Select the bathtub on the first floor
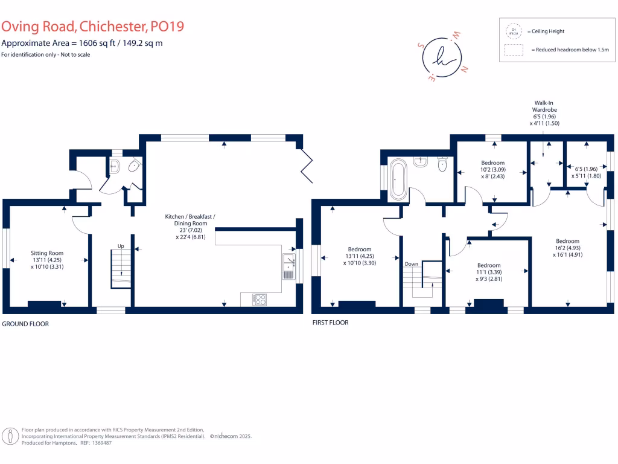coord(398,178)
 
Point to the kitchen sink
coord(288,266)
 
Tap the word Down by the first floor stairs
coord(412,264)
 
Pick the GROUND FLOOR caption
coord(25,324)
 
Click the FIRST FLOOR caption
coord(330,323)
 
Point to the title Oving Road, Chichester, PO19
coord(92,27)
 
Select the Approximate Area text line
coord(82,43)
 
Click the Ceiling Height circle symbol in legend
coord(514,31)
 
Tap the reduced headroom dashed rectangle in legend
coord(514,50)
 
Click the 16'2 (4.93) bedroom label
coord(567,247)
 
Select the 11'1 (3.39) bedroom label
coord(488,269)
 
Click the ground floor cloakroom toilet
coord(134,165)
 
